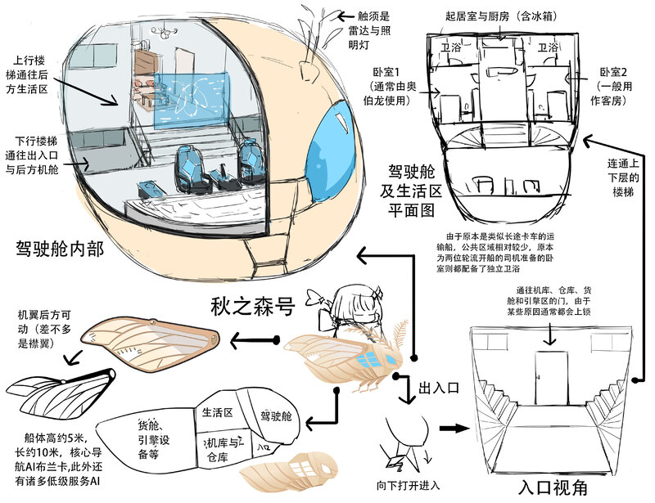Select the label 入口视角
pyautogui.click(x=553, y=486)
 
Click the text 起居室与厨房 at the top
pyautogui.click(x=491, y=16)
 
